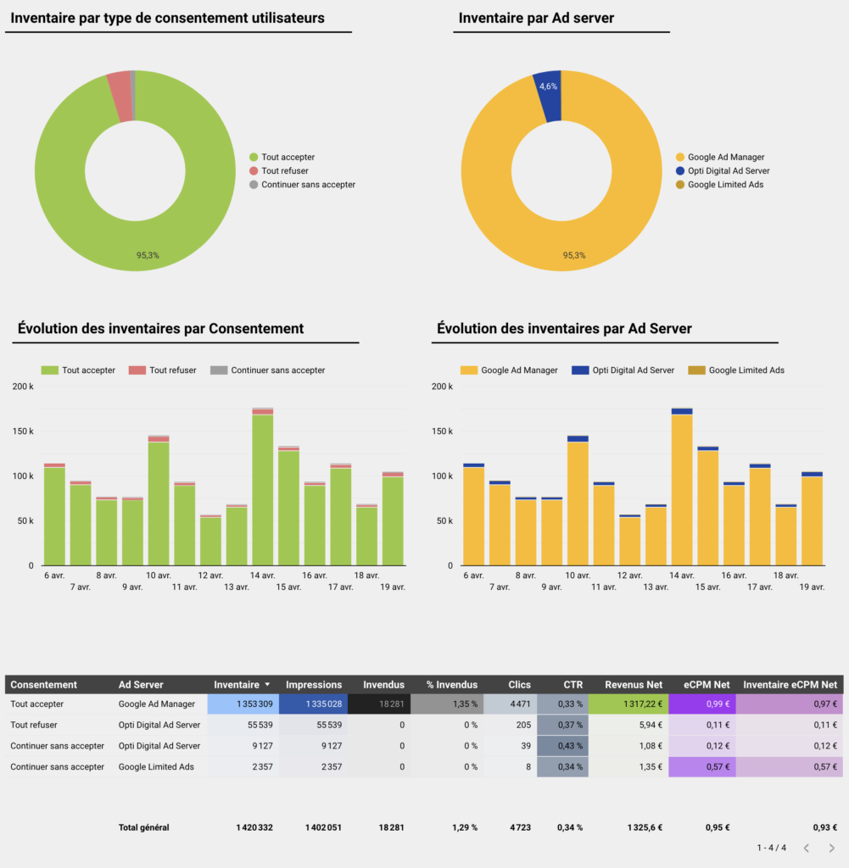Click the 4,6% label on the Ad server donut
click(x=548, y=86)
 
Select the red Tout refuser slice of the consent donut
click(x=120, y=85)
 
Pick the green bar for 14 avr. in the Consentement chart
click(x=262, y=490)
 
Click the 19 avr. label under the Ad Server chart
click(x=811, y=587)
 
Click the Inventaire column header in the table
click(x=237, y=684)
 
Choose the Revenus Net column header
click(x=634, y=684)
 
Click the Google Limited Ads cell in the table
click(x=156, y=767)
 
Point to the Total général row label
click(x=144, y=827)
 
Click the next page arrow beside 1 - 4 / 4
click(x=832, y=848)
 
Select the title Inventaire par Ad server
click(x=536, y=18)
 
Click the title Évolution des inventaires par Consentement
click(x=160, y=329)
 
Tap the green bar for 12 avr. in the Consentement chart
click(x=210, y=541)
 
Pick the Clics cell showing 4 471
click(x=520, y=704)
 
